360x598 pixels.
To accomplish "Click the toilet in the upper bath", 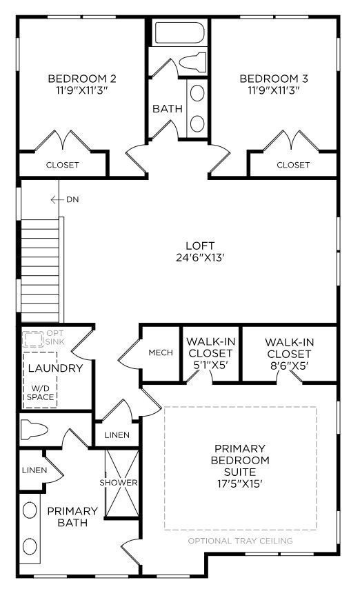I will tap(192, 63).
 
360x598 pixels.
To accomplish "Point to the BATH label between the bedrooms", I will tap(167, 108).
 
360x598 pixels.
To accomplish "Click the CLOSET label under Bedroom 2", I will tap(63, 165).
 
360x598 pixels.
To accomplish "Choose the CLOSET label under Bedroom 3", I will tap(293, 165).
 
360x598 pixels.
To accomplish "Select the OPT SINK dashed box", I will tap(32, 339).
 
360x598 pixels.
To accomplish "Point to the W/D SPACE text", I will tap(41, 392).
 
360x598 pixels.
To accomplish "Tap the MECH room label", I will tap(161, 352).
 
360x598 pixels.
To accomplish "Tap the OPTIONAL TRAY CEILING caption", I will tap(241, 541).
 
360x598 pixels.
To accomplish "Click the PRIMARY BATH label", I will tap(72, 517).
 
